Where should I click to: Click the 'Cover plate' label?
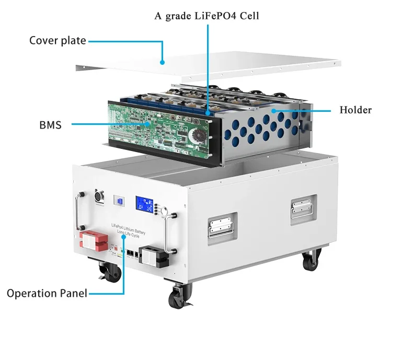click(58, 41)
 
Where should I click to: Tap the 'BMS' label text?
click(50, 124)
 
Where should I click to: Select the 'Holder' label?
click(355, 110)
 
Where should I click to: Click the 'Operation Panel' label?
click(47, 293)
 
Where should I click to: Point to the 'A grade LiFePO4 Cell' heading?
click(207, 16)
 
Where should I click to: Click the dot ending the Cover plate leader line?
click(163, 62)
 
